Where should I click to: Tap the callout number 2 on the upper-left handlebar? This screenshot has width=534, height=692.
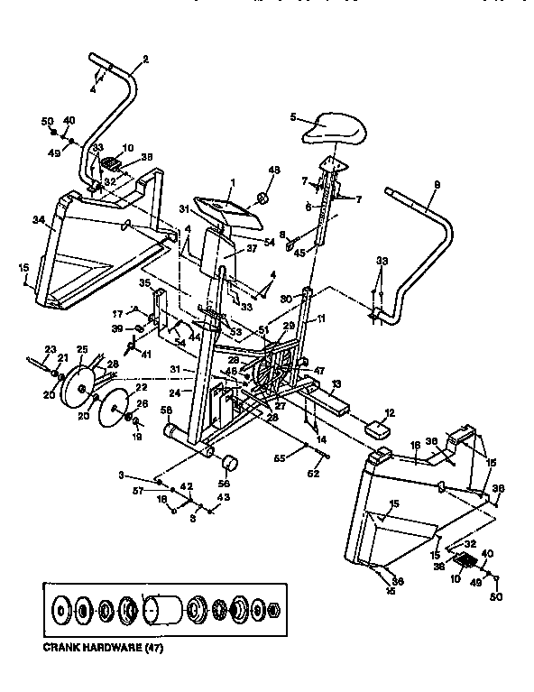coord(145,60)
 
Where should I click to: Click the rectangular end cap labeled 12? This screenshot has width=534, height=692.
coord(377,427)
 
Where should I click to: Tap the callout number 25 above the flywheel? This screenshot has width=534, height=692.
coord(81,348)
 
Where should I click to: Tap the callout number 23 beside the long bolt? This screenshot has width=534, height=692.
coord(50,349)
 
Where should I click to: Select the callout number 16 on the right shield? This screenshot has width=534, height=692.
coord(416,445)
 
